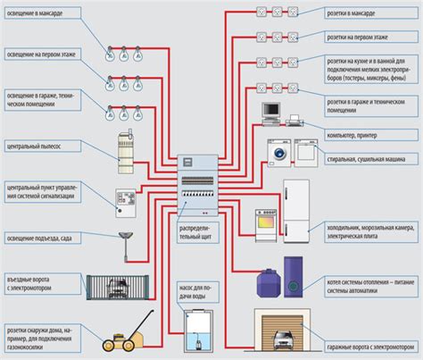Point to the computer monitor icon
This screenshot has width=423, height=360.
pyautogui.click(x=271, y=112)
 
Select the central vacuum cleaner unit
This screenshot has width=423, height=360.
pyautogui.click(x=125, y=153)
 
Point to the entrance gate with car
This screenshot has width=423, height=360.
pyautogui.click(x=124, y=289)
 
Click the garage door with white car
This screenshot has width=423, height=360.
pyautogui.click(x=283, y=336)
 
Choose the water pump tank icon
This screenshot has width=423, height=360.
pyautogui.click(x=198, y=331)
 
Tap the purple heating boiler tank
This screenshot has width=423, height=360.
pyautogui.click(x=265, y=283)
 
